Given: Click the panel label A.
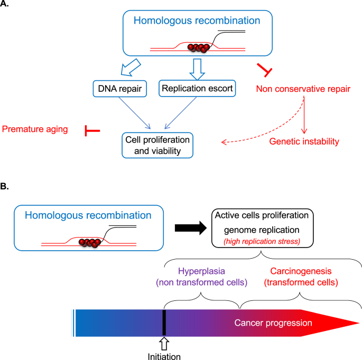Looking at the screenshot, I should point(6,6).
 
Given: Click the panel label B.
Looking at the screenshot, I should point(6,187).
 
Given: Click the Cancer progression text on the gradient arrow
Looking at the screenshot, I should point(273,323).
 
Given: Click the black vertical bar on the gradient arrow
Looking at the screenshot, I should point(164,323).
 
